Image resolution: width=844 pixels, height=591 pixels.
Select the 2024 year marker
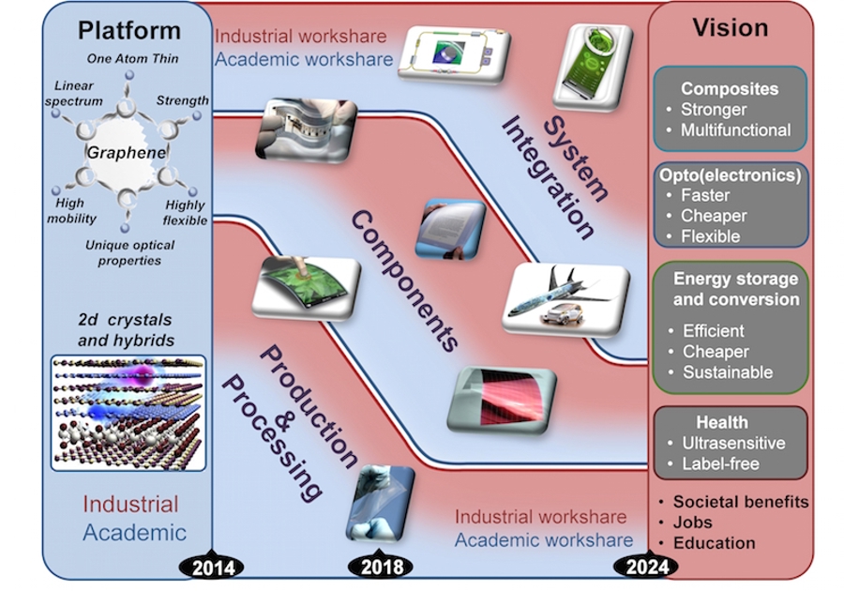(x=646, y=567)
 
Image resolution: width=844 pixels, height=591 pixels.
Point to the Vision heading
(x=731, y=28)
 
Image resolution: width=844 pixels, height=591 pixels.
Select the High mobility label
(x=70, y=210)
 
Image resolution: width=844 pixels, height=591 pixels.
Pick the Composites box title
(x=730, y=89)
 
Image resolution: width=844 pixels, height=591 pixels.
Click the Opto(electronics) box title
(x=730, y=174)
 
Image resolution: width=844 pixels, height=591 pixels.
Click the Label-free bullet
(x=719, y=463)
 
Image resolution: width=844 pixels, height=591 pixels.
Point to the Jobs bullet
(x=692, y=523)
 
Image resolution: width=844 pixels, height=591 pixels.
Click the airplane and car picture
(x=566, y=297)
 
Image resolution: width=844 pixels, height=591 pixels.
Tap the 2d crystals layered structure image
(x=128, y=411)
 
